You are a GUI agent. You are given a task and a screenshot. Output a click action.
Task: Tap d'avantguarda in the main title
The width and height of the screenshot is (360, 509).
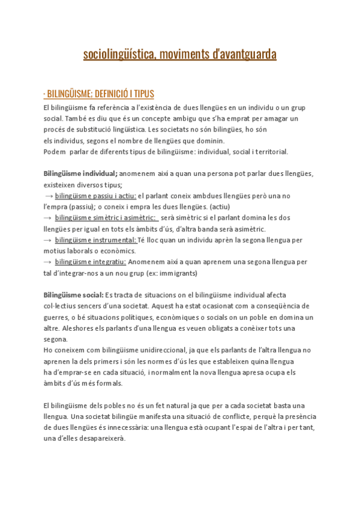tap(245, 55)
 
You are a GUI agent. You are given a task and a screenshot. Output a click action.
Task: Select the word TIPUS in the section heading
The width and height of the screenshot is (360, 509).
tap(145, 94)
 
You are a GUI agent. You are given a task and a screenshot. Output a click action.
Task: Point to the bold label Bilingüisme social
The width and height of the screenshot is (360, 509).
tap(73, 295)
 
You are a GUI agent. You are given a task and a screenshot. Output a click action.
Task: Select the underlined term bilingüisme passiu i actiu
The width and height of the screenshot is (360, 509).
tap(95, 196)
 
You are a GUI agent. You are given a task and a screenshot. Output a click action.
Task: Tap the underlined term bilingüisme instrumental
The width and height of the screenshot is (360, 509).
tap(96, 240)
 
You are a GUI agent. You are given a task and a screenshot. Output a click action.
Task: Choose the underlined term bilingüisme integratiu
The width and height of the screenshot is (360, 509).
tap(91, 262)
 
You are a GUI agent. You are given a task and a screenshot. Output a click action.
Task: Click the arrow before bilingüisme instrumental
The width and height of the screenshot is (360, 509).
tap(48, 240)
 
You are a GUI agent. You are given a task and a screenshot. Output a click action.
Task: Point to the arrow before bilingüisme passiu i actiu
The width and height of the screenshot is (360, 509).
tap(49, 196)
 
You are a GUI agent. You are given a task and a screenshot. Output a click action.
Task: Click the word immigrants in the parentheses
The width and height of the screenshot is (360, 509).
tap(177, 273)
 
